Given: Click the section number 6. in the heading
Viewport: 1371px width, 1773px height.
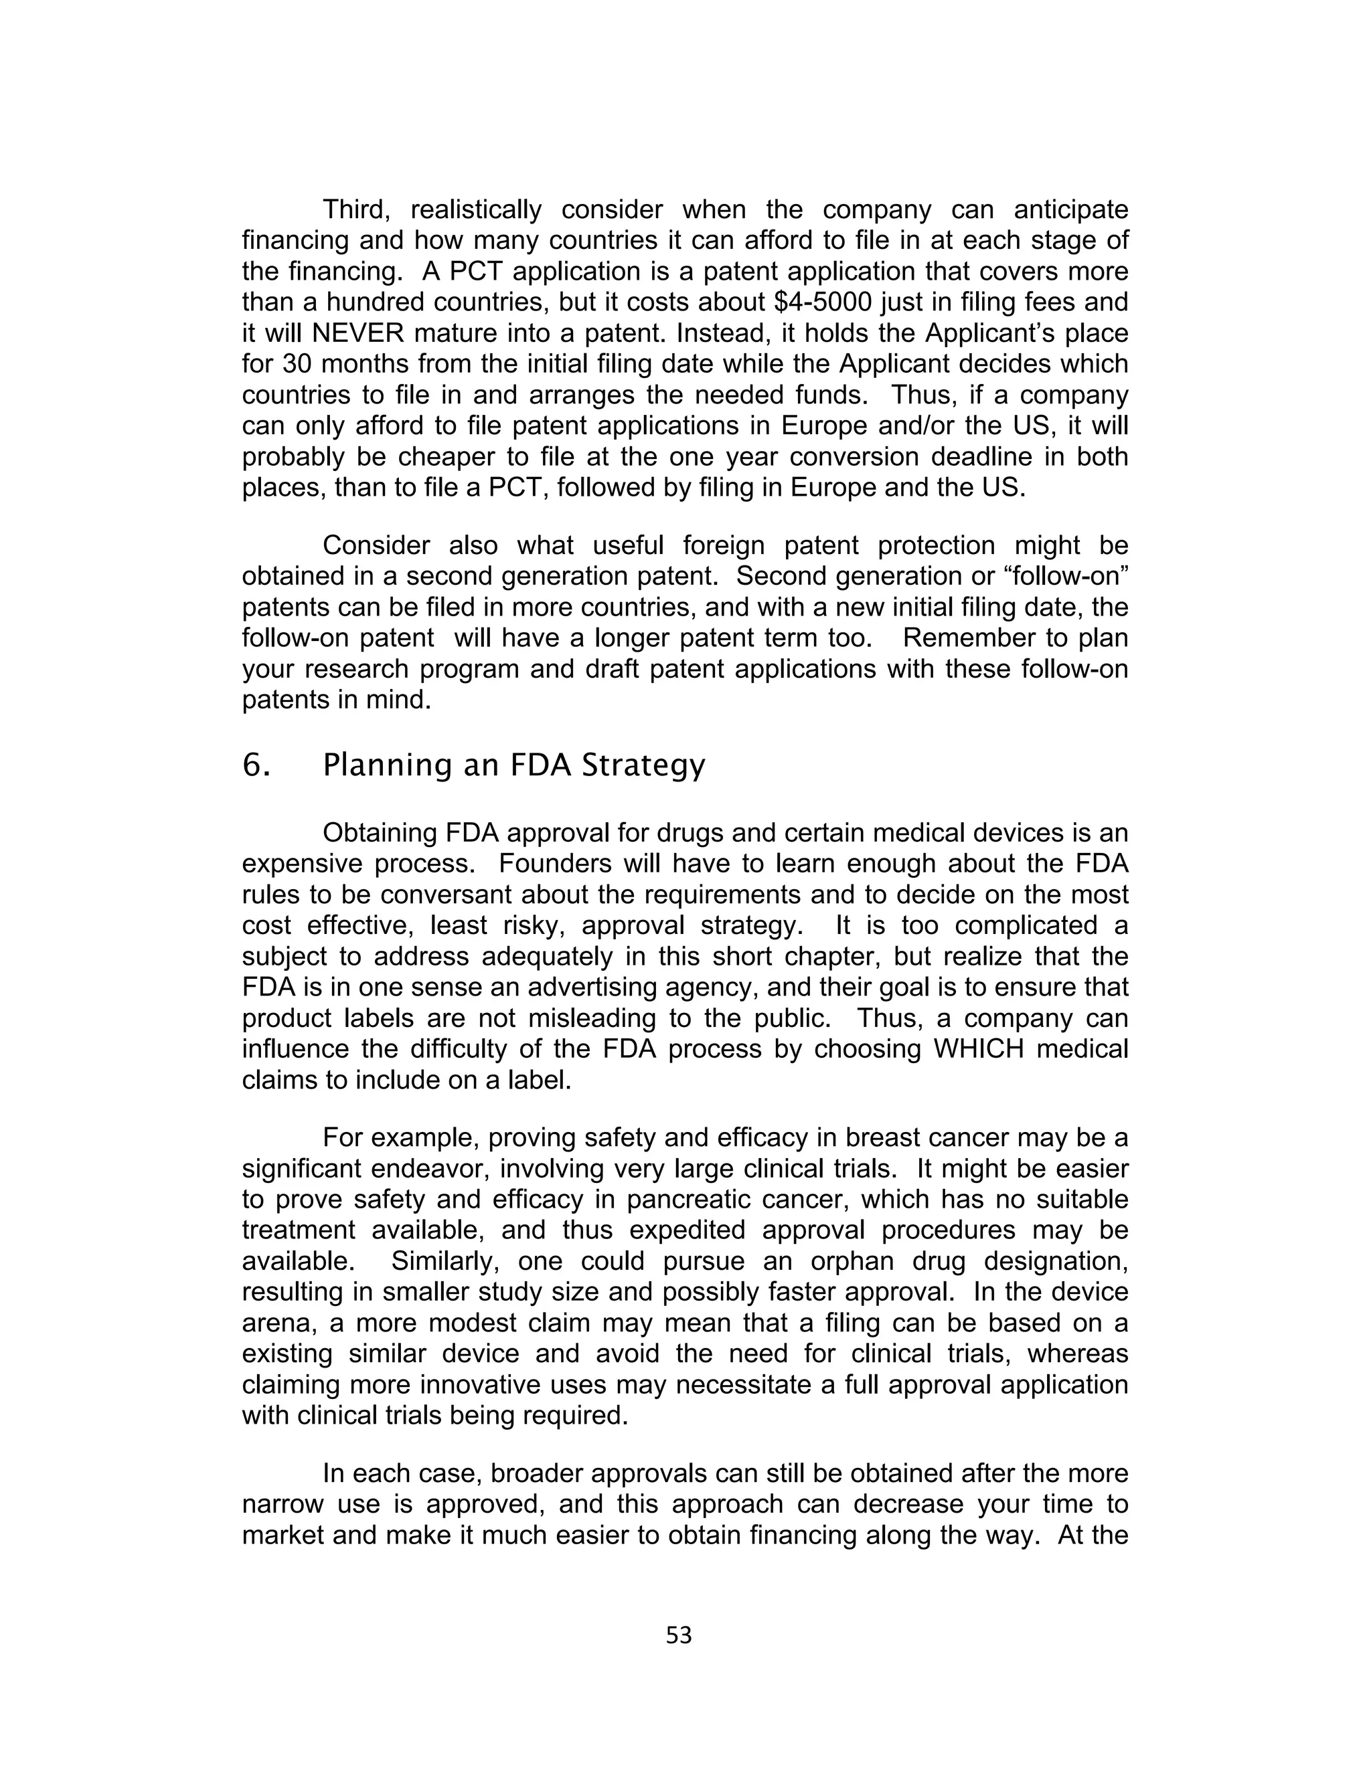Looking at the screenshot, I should tap(256, 765).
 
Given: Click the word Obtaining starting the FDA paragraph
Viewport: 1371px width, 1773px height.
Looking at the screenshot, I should tap(380, 833).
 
